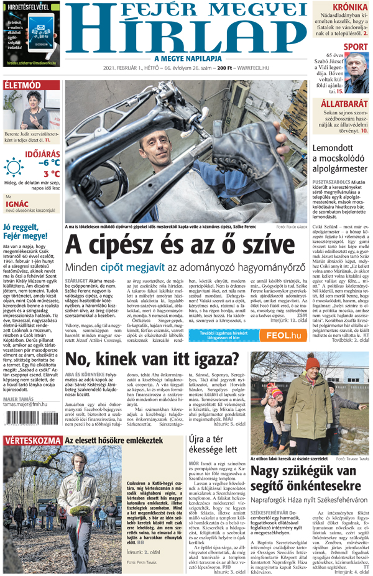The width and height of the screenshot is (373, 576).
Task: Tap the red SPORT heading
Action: [x=356, y=47]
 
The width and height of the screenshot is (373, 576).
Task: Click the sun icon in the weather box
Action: [x=13, y=167]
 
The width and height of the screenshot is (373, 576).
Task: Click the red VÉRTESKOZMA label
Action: [x=32, y=424]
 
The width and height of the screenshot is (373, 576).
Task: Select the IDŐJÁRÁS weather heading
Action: [x=42, y=152]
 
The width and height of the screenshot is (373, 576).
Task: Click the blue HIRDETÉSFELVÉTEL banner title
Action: [x=29, y=7]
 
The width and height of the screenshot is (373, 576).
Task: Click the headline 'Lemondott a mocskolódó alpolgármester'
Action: [x=341, y=159]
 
